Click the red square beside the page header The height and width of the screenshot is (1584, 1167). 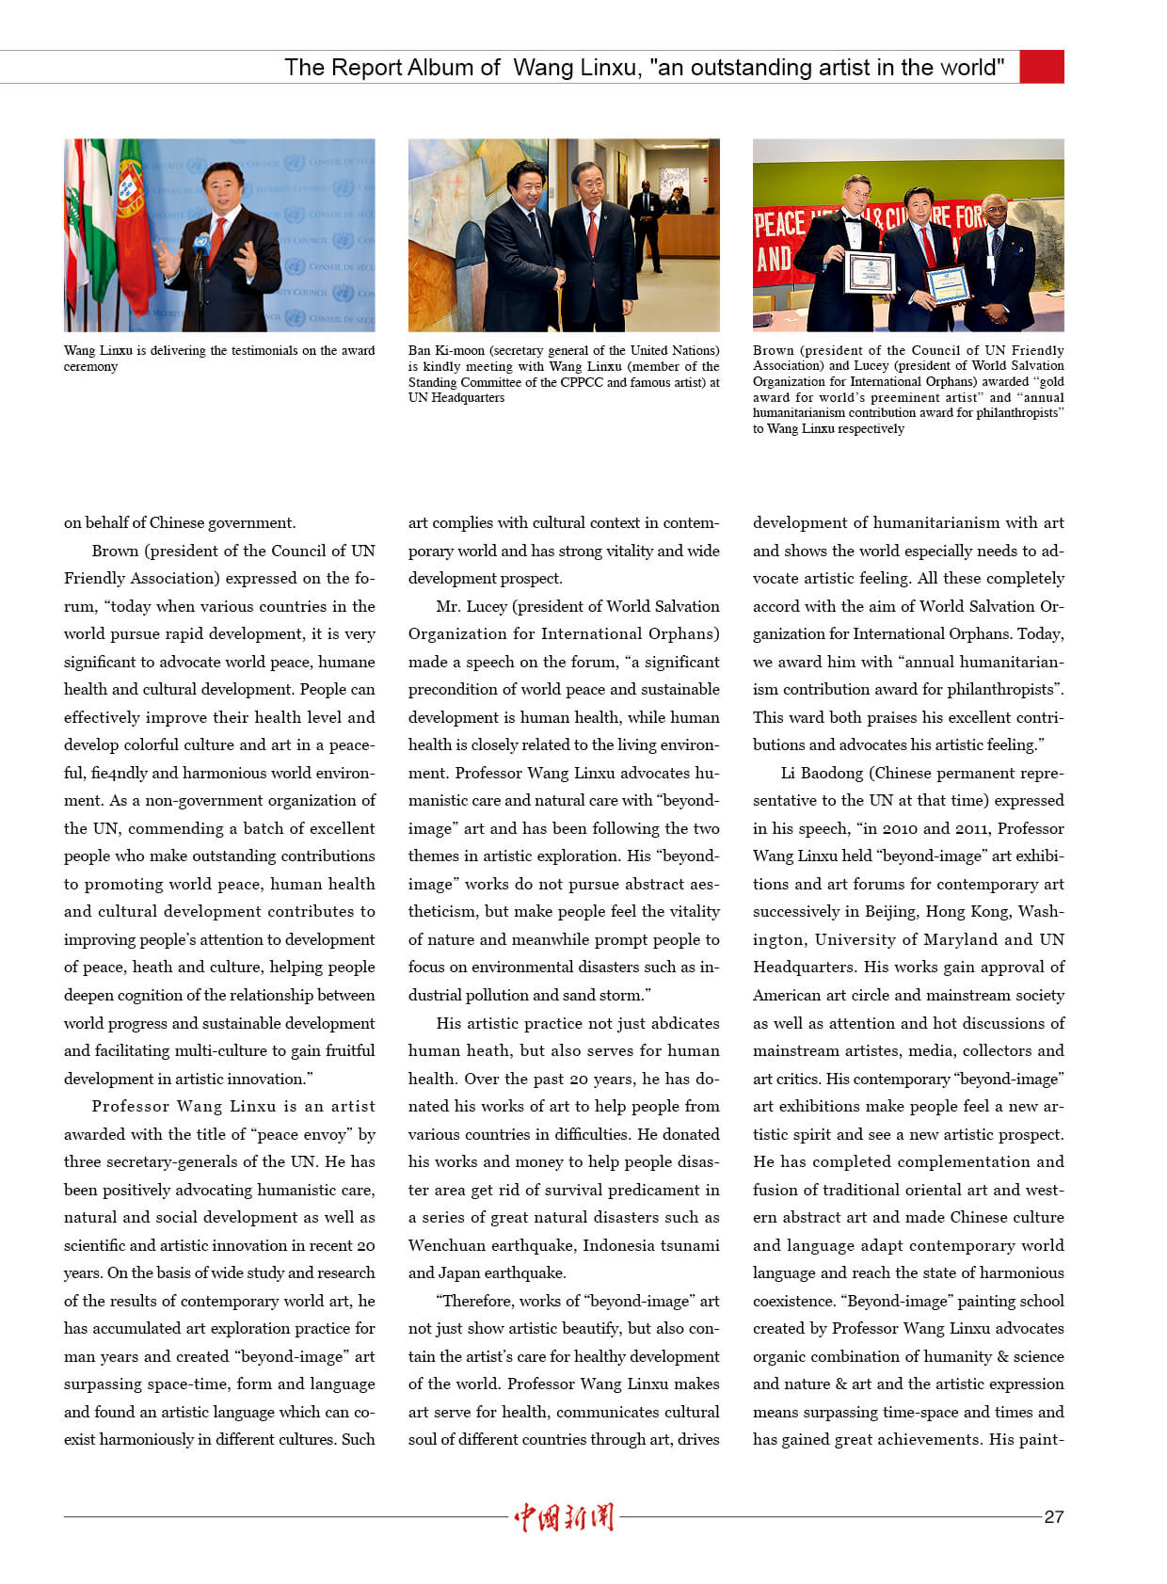point(1042,67)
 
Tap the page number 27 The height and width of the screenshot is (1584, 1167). point(1054,1516)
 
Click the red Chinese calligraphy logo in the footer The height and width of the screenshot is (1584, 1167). point(564,1516)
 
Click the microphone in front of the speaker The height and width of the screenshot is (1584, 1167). point(200,244)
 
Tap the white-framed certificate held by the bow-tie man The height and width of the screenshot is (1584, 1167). point(871,272)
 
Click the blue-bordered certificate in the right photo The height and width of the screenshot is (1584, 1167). point(947,284)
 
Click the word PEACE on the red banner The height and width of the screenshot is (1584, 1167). point(779,224)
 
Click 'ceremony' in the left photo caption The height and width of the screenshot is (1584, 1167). point(90,366)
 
